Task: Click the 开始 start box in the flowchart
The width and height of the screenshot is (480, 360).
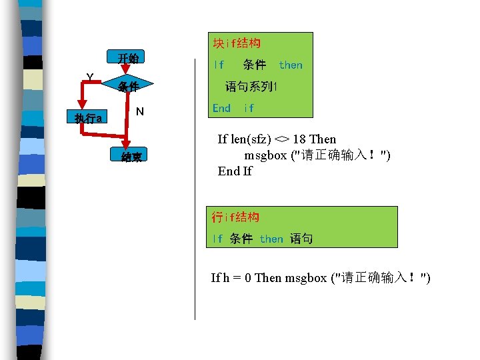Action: click(128, 59)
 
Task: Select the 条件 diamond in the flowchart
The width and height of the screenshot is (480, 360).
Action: click(128, 87)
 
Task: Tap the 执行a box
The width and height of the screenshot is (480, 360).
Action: click(89, 119)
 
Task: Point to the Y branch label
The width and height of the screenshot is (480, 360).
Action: click(89, 78)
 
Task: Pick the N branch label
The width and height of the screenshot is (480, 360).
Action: click(139, 111)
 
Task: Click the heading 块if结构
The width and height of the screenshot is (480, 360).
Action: click(236, 43)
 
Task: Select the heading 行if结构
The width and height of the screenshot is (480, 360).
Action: click(235, 217)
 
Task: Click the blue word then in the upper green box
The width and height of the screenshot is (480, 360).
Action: click(291, 65)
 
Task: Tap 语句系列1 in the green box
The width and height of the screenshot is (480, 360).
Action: click(251, 87)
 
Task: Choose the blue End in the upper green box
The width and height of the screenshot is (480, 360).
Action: click(221, 108)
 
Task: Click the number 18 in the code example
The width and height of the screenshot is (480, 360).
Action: click(299, 139)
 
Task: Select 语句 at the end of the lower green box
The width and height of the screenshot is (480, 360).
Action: click(301, 239)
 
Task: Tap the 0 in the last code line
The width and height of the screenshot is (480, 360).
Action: click(248, 277)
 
